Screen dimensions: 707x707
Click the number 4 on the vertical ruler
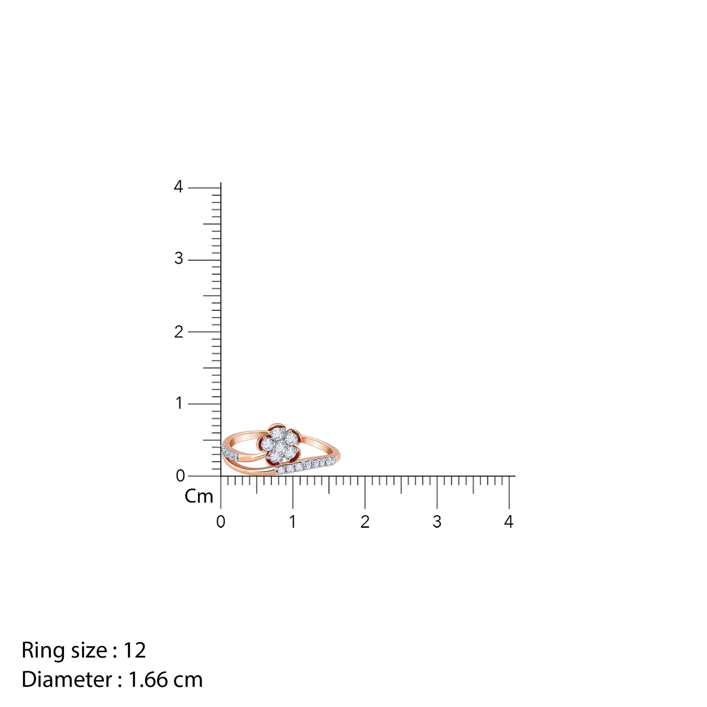[178, 187]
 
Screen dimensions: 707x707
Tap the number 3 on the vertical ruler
[179, 259]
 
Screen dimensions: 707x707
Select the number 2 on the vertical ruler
[179, 332]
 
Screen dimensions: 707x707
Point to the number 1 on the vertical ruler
[179, 403]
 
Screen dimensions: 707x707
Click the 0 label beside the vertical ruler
[180, 476]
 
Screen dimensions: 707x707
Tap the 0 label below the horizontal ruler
[221, 522]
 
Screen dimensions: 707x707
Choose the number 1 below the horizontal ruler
[292, 522]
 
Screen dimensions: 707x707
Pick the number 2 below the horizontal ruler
[365, 522]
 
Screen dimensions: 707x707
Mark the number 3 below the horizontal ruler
[437, 522]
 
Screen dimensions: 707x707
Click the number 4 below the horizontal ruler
[509, 522]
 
